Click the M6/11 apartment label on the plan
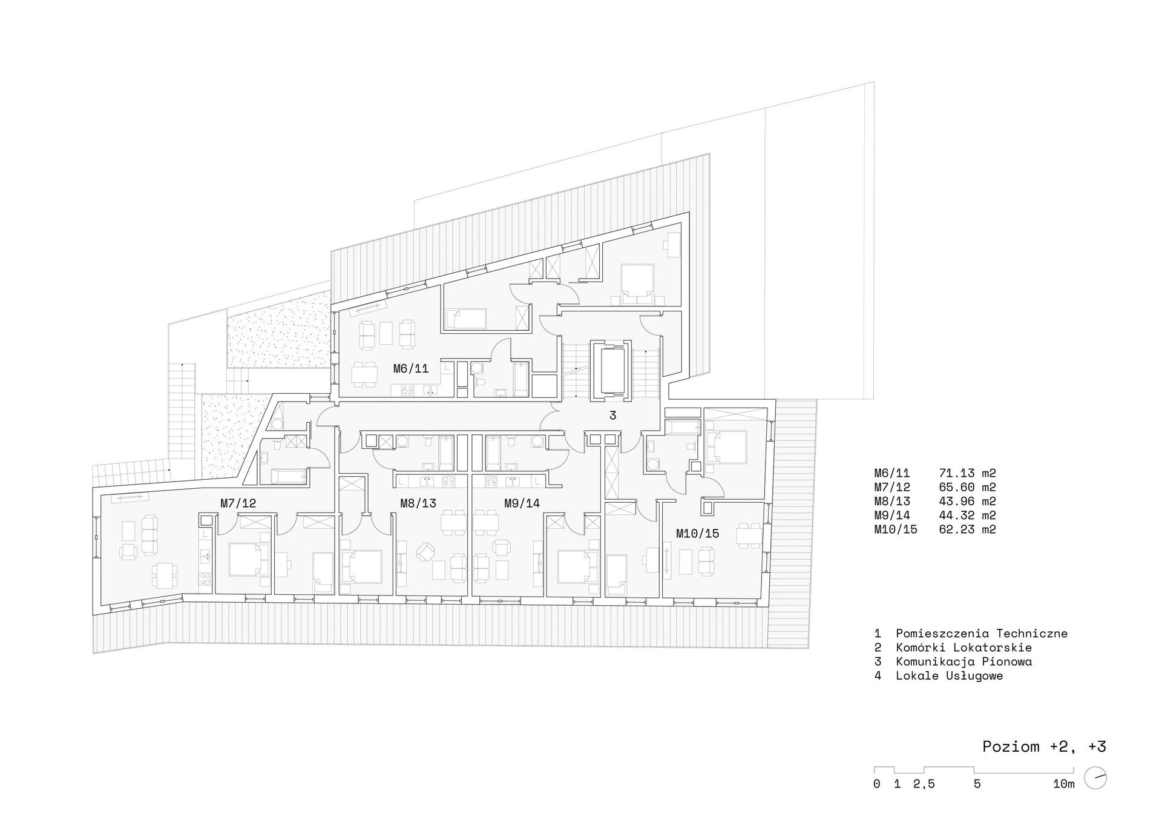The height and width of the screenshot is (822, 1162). tap(410, 368)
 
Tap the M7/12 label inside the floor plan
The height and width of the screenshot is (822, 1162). tap(238, 503)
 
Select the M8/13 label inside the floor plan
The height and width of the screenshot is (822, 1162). tap(418, 503)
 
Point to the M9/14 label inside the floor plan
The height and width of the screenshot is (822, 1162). tap(522, 503)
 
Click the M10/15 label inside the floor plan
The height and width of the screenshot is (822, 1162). tap(697, 533)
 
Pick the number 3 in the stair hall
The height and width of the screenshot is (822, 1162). tap(612, 416)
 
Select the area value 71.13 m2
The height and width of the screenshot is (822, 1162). tap(967, 474)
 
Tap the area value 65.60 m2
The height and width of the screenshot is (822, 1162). tap(967, 488)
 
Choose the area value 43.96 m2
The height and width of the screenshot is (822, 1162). tap(967, 502)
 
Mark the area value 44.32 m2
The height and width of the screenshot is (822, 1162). tap(967, 515)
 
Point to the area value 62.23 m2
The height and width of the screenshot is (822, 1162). tap(967, 529)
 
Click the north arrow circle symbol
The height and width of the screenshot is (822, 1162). tap(1095, 778)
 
